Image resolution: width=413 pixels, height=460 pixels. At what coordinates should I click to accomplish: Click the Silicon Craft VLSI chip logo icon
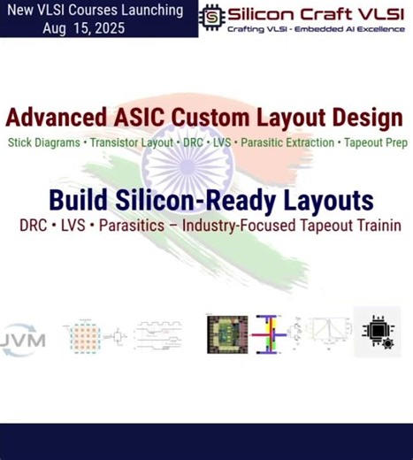point(212,16)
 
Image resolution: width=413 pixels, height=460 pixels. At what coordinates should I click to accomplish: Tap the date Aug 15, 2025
point(83,27)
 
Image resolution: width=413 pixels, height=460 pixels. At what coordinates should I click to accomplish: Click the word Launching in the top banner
point(145,11)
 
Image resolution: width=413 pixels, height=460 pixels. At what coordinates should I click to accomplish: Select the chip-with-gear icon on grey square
point(378,332)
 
